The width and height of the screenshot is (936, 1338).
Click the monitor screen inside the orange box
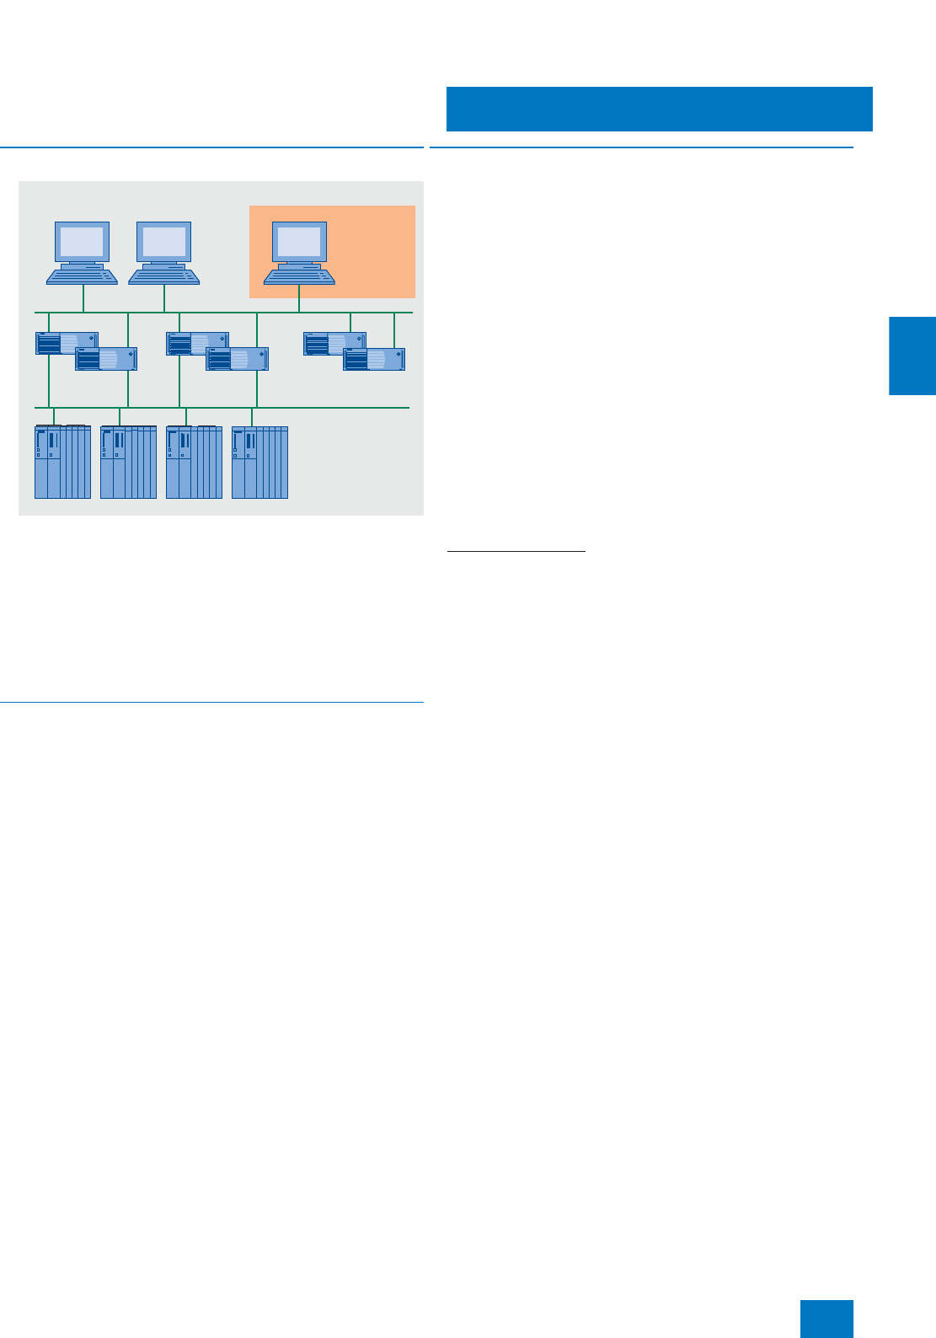coord(299,243)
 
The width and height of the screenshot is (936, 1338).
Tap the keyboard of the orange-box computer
coord(299,275)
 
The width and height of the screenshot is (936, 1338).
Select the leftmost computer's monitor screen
coord(82,243)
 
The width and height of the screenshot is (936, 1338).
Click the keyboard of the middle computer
coord(164,275)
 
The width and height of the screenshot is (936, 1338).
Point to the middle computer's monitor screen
coord(164,243)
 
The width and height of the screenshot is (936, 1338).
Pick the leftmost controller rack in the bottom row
coord(62,462)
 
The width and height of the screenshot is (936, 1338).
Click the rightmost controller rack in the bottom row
coord(259,462)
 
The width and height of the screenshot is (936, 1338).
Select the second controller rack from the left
coord(128,462)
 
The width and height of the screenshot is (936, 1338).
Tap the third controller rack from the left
coord(194,462)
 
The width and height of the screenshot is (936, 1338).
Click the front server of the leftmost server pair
coord(106,360)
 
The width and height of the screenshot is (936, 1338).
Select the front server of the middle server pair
coord(238,360)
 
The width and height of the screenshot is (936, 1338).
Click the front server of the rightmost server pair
coord(374,360)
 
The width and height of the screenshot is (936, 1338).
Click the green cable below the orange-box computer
coord(299,299)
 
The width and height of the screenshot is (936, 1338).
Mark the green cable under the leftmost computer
coord(83,298)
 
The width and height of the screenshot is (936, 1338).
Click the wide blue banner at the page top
coord(659,109)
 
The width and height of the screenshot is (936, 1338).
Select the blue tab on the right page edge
coord(912,356)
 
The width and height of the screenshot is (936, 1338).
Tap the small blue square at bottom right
coord(826,1319)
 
